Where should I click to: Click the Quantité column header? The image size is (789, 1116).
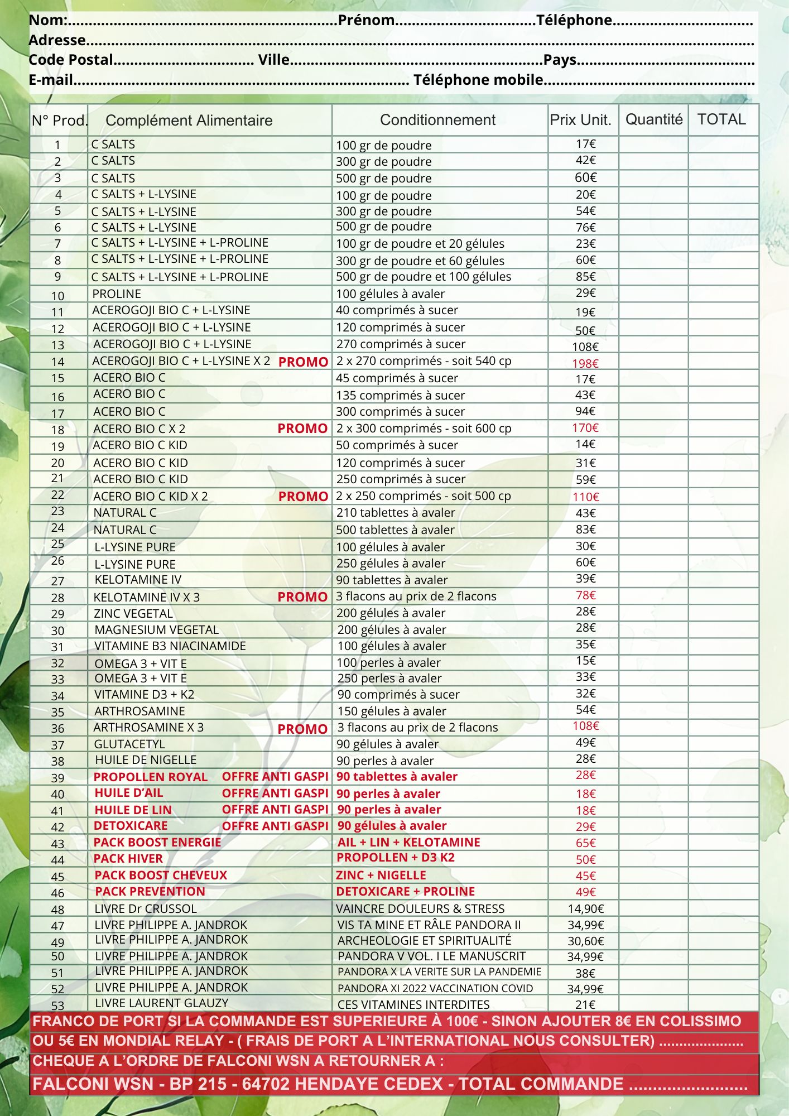(653, 119)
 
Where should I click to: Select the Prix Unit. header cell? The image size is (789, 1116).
(580, 120)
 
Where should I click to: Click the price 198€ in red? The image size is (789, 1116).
(585, 363)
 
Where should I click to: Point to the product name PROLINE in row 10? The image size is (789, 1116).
(117, 294)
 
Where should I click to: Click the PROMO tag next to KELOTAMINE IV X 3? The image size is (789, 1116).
(302, 597)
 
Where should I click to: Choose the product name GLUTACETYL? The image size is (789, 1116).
(129, 744)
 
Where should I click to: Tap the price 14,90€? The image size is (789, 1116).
(585, 908)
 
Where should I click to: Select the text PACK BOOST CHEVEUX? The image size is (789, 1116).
(161, 875)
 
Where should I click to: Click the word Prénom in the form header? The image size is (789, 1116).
(366, 20)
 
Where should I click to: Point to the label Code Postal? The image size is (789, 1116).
(71, 60)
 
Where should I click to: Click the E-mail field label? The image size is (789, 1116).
(51, 80)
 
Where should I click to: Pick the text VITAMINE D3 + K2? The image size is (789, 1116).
(144, 694)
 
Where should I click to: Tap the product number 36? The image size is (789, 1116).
(57, 728)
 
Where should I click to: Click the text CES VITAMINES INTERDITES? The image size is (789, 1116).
(413, 1004)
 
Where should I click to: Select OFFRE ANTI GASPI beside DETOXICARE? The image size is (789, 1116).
(275, 826)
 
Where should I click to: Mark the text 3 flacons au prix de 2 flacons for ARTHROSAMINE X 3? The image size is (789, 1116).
(417, 727)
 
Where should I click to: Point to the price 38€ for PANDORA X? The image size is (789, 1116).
(585, 973)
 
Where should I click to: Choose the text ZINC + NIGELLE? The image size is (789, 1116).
(381, 875)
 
